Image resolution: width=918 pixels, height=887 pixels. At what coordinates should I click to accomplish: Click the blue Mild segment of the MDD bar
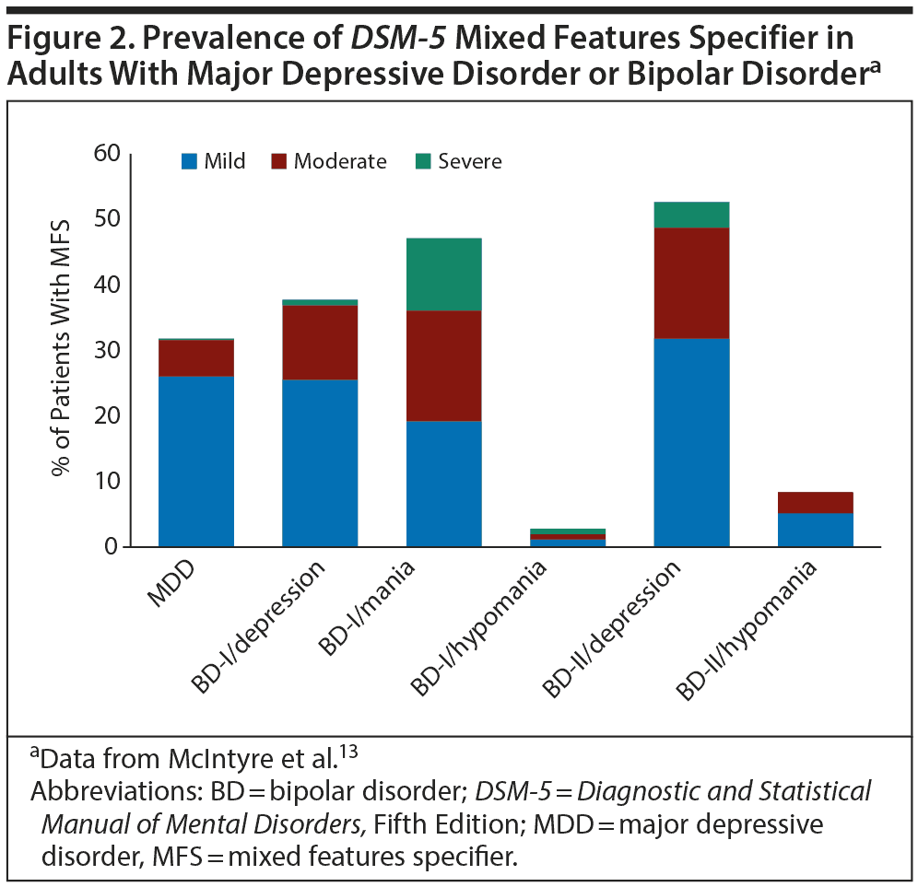click(x=195, y=461)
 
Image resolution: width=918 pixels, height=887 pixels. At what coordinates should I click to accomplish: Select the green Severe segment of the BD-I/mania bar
click(x=443, y=274)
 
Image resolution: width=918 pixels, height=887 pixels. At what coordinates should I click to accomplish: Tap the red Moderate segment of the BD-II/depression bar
click(x=691, y=283)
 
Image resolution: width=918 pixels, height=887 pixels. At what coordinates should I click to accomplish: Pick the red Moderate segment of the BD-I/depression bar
click(x=320, y=342)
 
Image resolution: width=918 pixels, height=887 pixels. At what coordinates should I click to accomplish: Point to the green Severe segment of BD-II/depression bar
click(x=691, y=215)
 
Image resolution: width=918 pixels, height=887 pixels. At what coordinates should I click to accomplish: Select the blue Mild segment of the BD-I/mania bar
click(x=443, y=484)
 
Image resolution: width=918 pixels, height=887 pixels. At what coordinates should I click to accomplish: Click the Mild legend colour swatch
click(x=189, y=162)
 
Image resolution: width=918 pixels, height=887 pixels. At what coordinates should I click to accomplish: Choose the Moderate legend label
click(x=340, y=162)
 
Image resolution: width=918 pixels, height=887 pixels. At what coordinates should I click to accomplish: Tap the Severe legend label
click(x=469, y=162)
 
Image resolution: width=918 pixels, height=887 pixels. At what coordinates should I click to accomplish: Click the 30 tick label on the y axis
click(x=107, y=350)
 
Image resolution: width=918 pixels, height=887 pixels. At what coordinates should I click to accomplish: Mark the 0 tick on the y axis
click(x=114, y=547)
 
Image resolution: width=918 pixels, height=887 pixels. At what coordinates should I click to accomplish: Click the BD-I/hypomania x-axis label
click(x=480, y=626)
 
